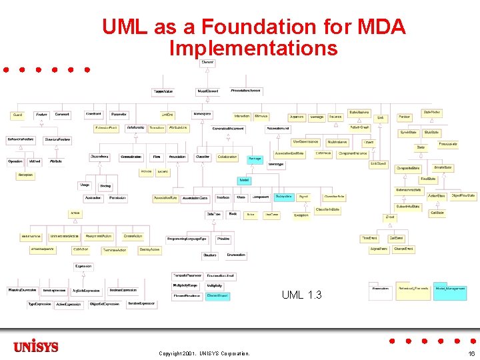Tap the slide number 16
point(471,353)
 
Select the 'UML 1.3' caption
point(301,294)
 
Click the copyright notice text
point(204,353)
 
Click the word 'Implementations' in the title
point(253,48)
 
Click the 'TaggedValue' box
point(164,91)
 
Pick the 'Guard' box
point(17,115)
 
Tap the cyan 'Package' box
point(255,159)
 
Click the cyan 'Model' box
point(245,180)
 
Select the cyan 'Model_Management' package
point(450,288)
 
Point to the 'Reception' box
point(25,175)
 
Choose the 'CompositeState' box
point(408,168)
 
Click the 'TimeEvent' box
point(369,237)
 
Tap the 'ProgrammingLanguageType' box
point(187,238)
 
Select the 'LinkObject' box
point(378,163)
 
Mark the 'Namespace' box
point(202,114)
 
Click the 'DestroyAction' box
point(149,249)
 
